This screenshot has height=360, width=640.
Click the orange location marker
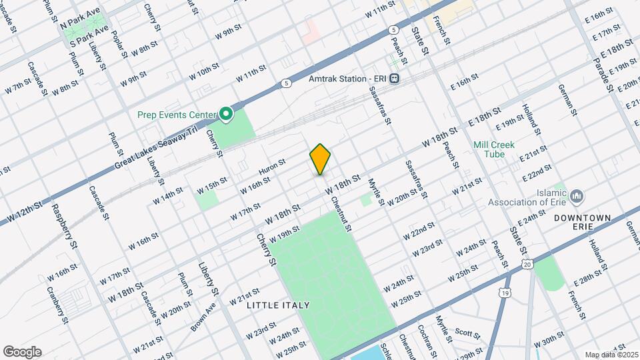click(320, 159)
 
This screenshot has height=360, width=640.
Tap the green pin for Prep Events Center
click(226, 115)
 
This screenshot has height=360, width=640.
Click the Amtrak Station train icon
click(395, 79)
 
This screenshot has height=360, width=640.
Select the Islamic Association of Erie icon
click(577, 196)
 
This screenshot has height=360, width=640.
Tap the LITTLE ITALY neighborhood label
click(278, 305)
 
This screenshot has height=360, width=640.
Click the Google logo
click(22, 352)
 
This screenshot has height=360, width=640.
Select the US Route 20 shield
click(527, 265)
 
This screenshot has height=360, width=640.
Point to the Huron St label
click(271, 167)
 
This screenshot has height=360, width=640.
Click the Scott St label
click(467, 331)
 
